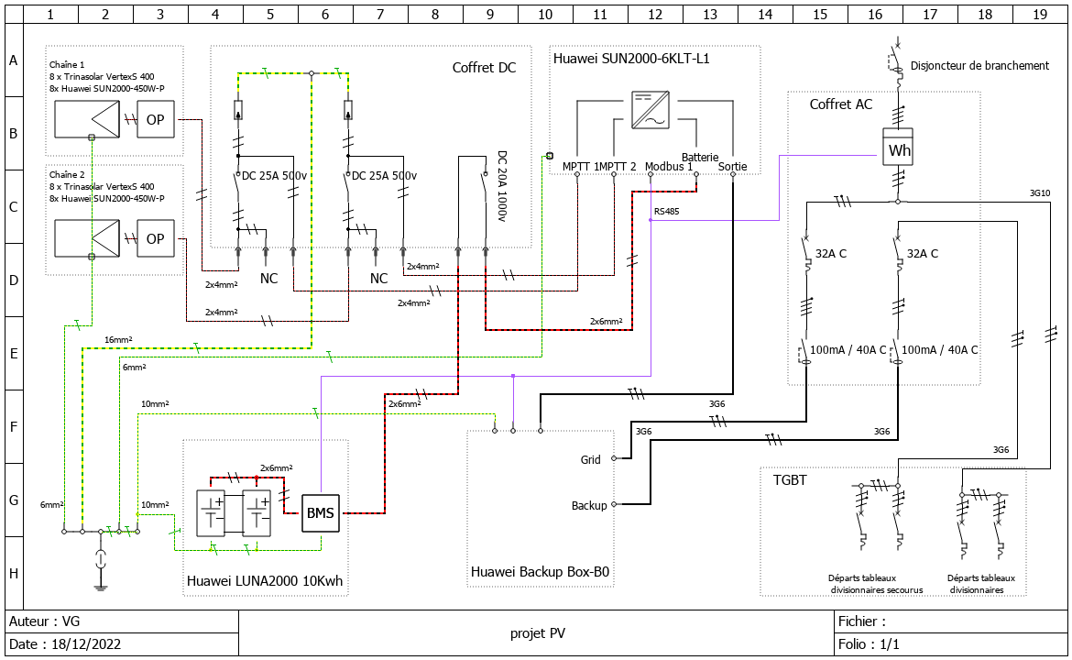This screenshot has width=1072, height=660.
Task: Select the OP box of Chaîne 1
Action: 155,119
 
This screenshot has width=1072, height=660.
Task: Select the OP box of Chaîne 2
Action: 155,238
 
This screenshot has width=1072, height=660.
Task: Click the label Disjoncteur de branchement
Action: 980,65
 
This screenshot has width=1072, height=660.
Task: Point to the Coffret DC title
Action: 484,68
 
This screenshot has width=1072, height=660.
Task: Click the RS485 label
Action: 666,211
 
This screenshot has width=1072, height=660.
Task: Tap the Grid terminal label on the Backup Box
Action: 590,459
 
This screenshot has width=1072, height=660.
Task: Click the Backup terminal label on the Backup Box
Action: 588,505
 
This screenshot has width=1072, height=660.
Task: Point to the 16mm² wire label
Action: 117,339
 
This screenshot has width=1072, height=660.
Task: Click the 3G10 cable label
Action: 1039,193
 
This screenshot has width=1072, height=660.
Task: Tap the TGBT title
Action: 790,479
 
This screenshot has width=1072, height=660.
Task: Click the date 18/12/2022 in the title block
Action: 82,644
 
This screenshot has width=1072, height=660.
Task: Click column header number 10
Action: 545,15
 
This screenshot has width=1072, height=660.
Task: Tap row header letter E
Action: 14,353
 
